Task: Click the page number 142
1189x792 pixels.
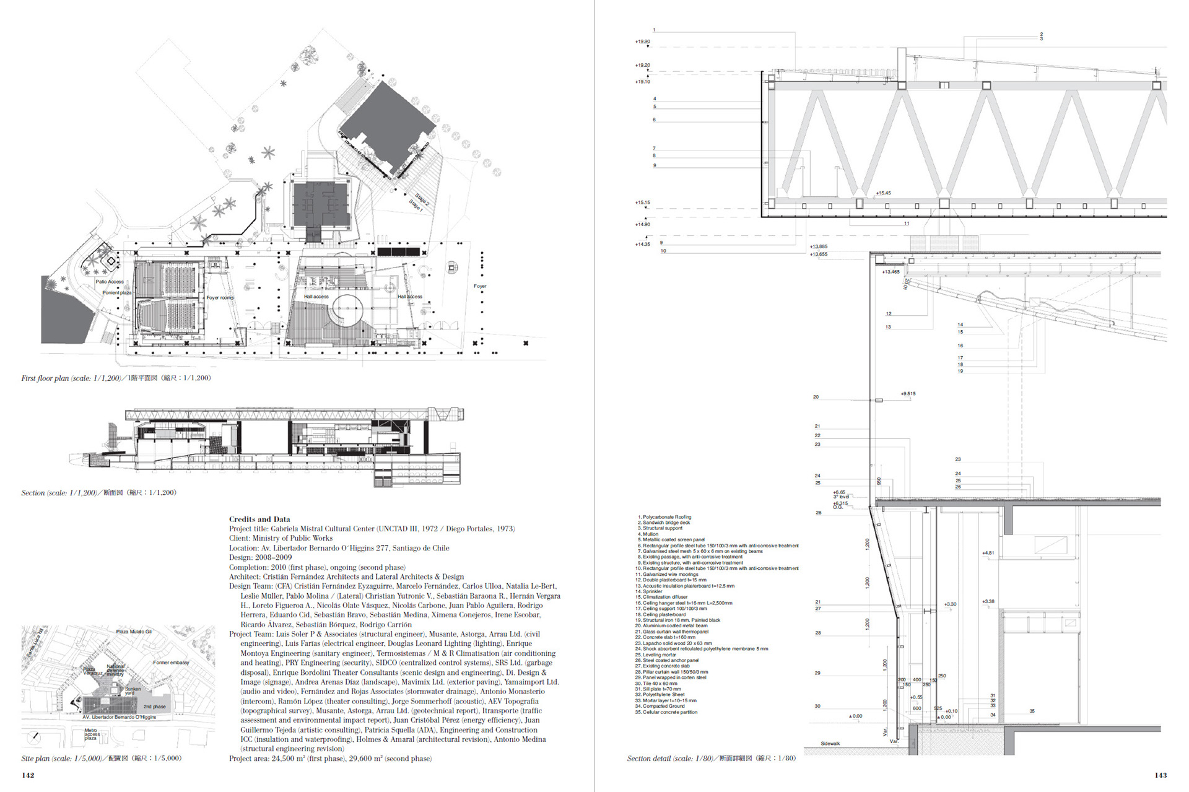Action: tap(28, 775)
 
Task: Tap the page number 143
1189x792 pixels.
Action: tap(1160, 775)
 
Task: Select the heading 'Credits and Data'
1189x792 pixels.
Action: tap(259, 519)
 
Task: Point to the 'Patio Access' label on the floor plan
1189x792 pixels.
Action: tap(110, 282)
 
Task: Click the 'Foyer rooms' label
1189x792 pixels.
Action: tap(220, 298)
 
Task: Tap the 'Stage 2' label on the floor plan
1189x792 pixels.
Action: tap(422, 199)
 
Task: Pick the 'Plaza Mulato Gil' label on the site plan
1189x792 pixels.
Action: tap(134, 632)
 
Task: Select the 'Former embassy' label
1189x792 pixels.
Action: tap(171, 663)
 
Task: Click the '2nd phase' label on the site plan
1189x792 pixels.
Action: tap(154, 707)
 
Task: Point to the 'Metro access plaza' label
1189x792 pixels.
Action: tap(92, 734)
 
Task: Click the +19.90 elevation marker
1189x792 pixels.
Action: tap(642, 41)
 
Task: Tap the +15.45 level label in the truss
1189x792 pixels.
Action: tap(883, 193)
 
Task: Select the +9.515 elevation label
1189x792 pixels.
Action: tap(908, 393)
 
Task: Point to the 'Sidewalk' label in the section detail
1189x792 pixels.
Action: tap(830, 743)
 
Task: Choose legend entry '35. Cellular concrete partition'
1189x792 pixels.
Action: tap(668, 712)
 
